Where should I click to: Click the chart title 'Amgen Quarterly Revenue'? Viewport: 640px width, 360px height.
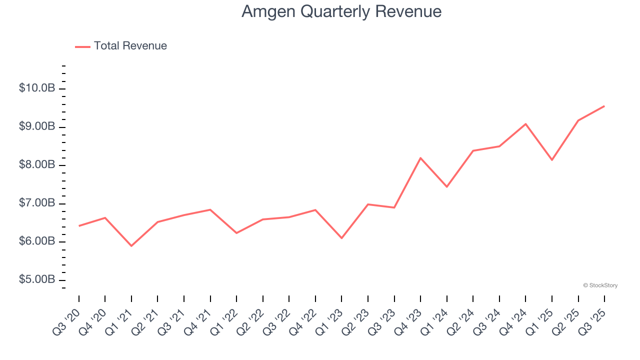coord(341,11)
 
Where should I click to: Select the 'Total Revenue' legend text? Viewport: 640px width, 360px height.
coord(130,46)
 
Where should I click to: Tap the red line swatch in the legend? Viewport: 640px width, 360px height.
coord(82,46)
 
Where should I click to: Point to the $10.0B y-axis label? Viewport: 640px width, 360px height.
coord(37,88)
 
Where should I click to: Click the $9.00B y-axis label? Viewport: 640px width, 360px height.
coord(37,126)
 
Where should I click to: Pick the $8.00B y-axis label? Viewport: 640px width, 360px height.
coord(37,164)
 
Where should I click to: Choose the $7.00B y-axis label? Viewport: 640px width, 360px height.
coord(37,203)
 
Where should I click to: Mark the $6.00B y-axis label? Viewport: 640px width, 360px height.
coord(37,241)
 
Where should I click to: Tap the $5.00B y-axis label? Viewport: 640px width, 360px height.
coord(37,279)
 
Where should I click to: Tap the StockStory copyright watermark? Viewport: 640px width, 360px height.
coord(600,285)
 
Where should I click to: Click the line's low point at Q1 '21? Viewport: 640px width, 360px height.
coord(131,246)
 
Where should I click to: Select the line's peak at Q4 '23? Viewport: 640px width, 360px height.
coord(420,158)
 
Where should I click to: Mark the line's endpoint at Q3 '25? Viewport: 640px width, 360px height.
coord(604,106)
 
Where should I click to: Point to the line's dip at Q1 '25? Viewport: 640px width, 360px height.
coord(552,160)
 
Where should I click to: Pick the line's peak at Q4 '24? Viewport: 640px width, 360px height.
coord(525,124)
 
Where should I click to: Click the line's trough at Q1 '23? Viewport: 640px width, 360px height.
coord(341,238)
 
